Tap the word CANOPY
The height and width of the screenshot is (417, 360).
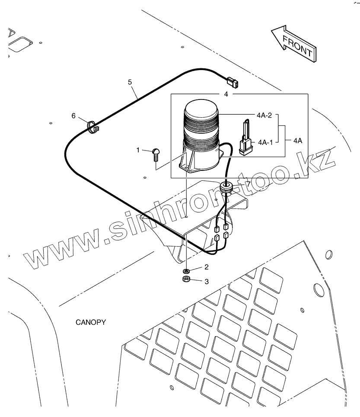[x=91, y=322]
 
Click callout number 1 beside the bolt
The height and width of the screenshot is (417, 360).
[x=138, y=150]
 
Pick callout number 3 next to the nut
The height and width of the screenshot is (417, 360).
[x=207, y=282]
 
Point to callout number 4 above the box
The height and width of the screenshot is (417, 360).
[x=226, y=94]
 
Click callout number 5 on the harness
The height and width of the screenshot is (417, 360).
[x=130, y=81]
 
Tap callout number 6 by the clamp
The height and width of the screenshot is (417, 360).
[x=73, y=115]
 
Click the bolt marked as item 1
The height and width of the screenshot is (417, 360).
[x=156, y=154]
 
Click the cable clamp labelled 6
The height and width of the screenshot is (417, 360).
[x=92, y=127]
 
